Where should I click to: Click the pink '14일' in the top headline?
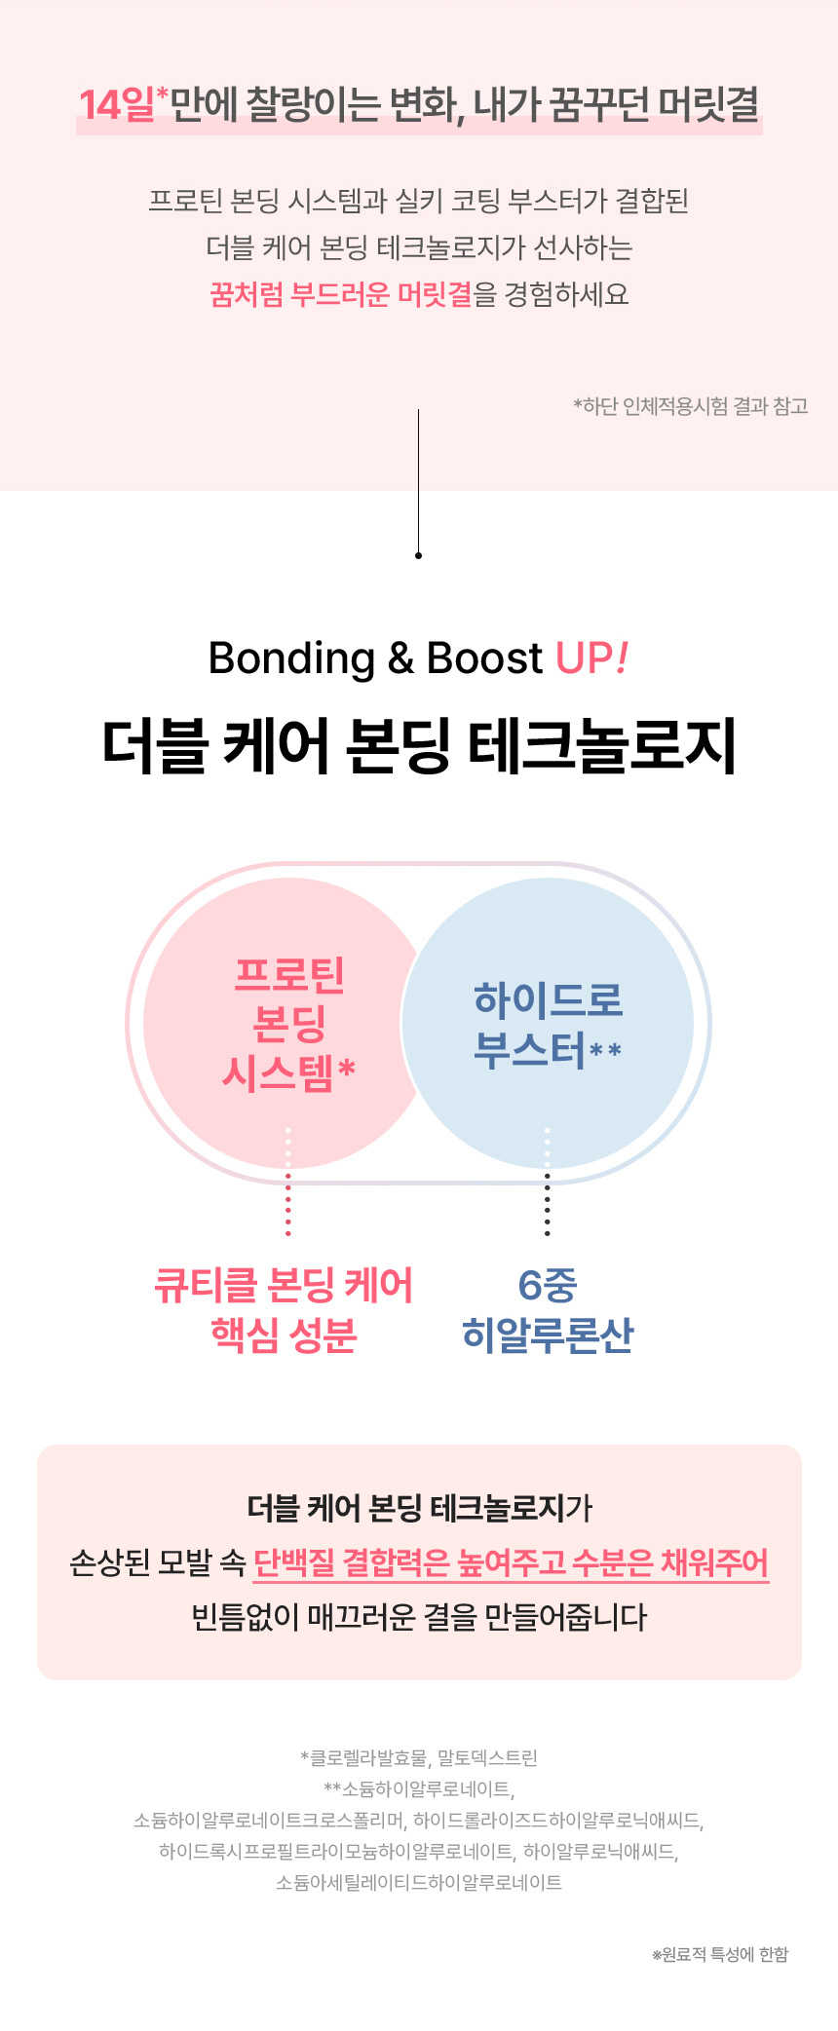116,105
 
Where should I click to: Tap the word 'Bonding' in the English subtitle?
291,658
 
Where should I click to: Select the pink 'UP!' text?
591,658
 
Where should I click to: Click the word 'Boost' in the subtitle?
484,658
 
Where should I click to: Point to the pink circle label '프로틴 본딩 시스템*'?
289,1023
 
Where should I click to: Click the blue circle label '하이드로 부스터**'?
547,1025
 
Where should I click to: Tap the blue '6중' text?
547,1285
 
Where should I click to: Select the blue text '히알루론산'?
547,1335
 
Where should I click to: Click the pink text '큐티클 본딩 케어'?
284,1285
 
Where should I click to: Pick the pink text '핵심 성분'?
284,1335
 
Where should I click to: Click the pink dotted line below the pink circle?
287,1208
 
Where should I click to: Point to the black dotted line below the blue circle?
547,1208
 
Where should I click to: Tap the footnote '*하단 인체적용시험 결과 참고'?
691,406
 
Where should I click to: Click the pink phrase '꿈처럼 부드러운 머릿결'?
341,294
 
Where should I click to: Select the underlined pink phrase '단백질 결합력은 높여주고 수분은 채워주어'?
511,1562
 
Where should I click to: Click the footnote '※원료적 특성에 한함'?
720,1955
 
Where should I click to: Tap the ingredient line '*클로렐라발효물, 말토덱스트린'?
419,1758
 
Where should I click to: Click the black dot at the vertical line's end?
418,555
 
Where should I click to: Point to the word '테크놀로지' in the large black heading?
601,748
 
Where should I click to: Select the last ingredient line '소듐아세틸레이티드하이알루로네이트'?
419,1883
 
